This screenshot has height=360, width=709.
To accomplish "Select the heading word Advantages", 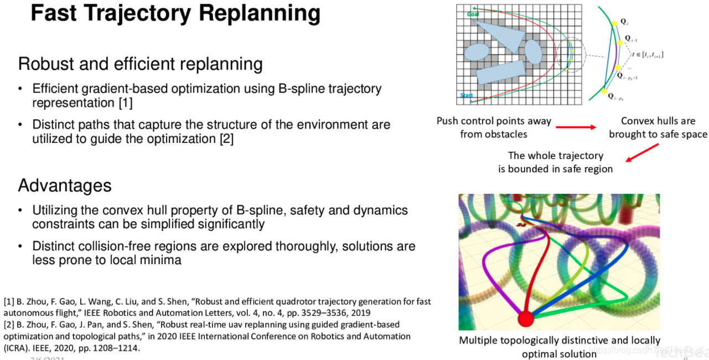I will (x=65, y=185).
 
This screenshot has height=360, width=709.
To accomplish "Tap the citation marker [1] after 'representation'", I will (x=125, y=103).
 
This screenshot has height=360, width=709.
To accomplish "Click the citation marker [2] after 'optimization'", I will (x=226, y=139).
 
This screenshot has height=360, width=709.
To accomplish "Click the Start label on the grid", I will (x=465, y=95).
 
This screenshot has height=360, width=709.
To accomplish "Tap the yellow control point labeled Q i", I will (x=613, y=23).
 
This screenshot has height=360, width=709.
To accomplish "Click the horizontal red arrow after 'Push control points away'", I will (x=575, y=127).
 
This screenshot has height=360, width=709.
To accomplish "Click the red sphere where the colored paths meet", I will (x=525, y=318).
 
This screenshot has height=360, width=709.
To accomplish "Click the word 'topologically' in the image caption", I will (x=533, y=340).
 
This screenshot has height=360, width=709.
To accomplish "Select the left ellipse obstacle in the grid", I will (x=477, y=52).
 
